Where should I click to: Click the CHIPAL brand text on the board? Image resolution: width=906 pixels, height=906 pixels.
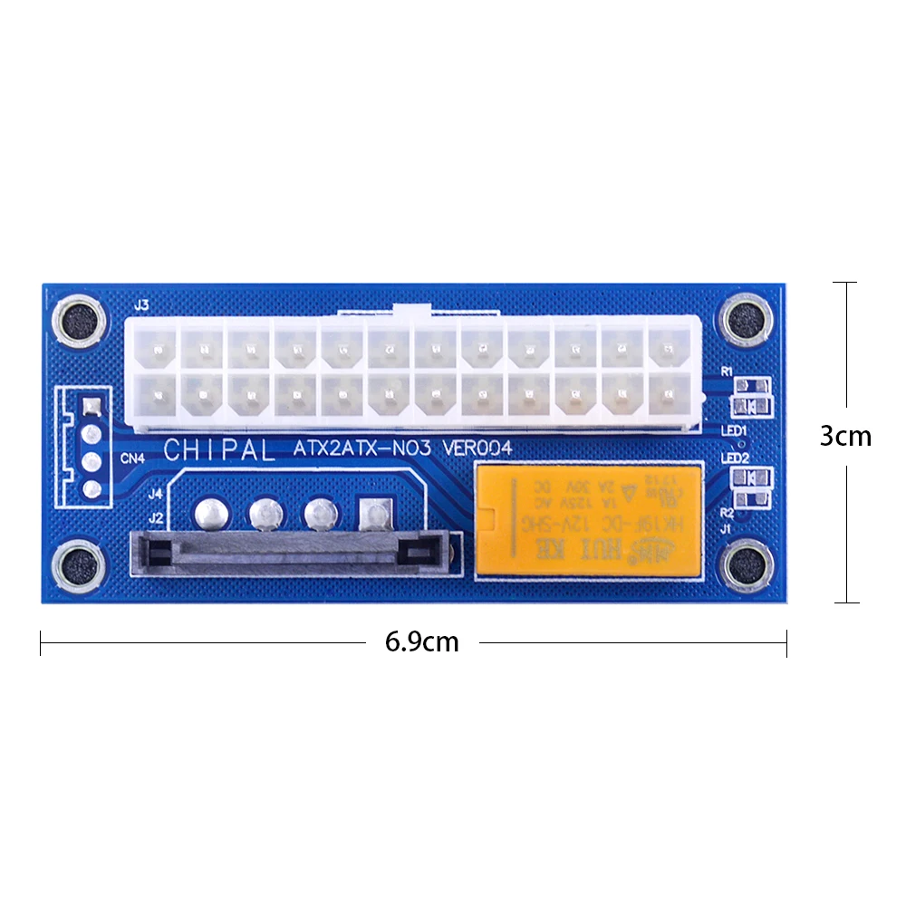219,449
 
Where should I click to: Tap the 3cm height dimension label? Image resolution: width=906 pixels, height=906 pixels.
845,437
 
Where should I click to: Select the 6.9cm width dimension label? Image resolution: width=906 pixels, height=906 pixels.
421,642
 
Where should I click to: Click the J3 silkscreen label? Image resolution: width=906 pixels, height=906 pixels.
140,306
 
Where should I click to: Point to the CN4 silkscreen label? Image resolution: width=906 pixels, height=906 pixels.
132,458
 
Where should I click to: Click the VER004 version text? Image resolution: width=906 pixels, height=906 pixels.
479,448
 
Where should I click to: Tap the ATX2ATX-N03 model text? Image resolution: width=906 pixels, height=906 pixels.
367,448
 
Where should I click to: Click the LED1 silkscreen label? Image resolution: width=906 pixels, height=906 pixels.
733,430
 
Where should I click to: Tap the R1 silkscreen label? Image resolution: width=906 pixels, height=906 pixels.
726,371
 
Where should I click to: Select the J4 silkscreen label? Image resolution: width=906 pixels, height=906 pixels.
155,495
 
